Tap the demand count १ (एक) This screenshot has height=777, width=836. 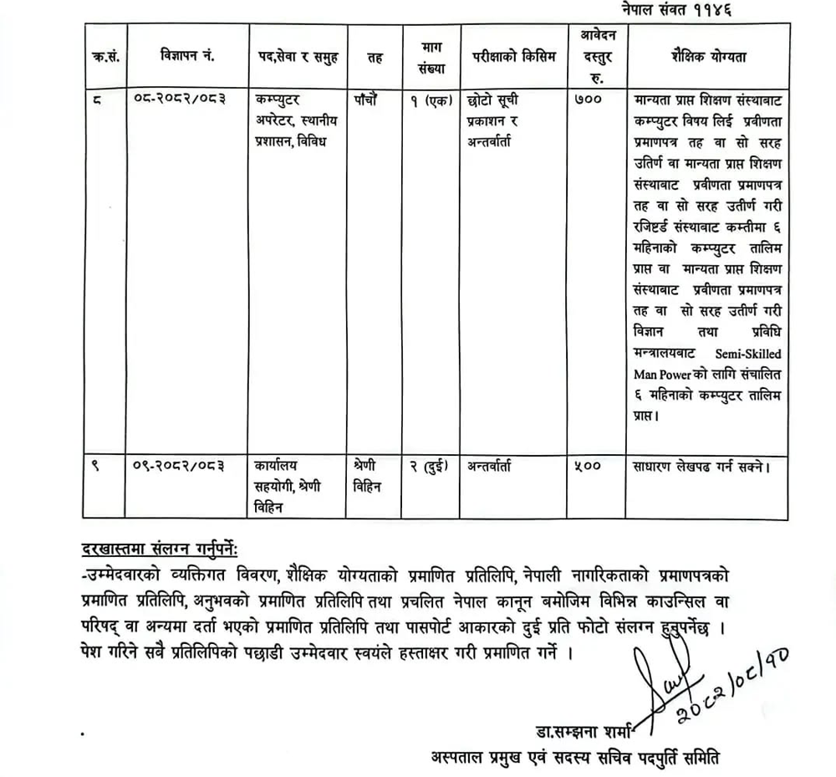(429, 100)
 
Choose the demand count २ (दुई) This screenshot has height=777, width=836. (429, 466)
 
